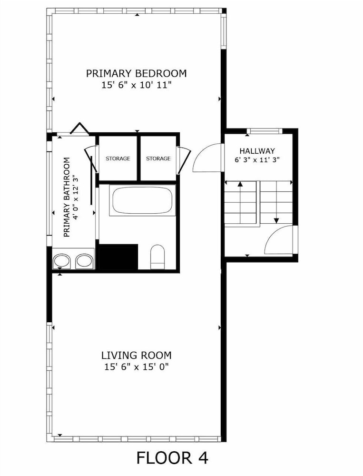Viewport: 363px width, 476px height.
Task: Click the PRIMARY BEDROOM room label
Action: pyautogui.click(x=136, y=73)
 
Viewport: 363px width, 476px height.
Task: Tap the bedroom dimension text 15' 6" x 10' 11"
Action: pyautogui.click(x=137, y=86)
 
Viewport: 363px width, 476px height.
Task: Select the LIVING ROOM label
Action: pyautogui.click(x=136, y=355)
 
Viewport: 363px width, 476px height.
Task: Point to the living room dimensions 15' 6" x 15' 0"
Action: pyautogui.click(x=136, y=367)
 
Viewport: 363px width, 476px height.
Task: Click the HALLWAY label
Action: pyautogui.click(x=257, y=151)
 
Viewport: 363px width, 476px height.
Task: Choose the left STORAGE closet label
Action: pyautogui.click(x=118, y=159)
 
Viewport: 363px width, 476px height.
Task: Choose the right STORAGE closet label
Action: pyautogui.click(x=158, y=159)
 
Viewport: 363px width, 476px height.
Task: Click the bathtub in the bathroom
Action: pyautogui.click(x=142, y=201)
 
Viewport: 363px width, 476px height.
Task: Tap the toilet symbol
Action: pyautogui.click(x=157, y=257)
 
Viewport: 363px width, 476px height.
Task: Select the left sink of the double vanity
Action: pyautogui.click(x=62, y=261)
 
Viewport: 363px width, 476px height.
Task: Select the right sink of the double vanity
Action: pyautogui.click(x=84, y=261)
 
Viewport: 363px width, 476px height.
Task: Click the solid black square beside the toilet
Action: pyautogui.click(x=118, y=257)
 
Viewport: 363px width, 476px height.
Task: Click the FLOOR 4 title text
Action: pyautogui.click(x=172, y=458)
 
